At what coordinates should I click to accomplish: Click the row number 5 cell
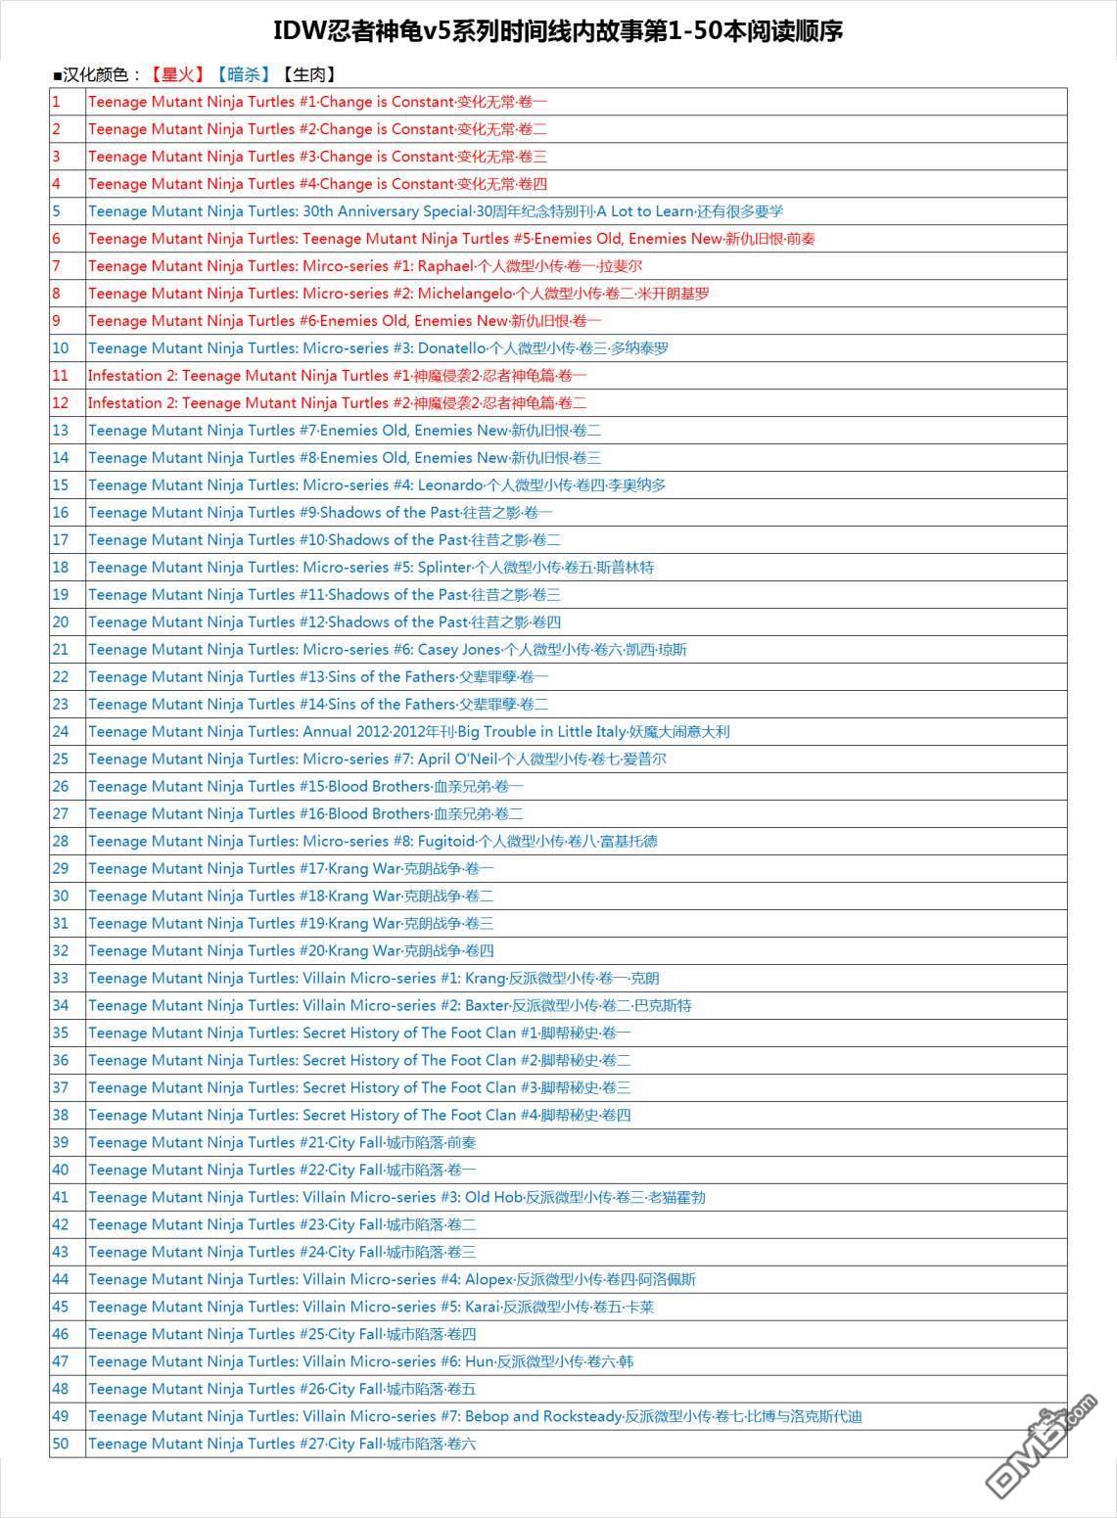pos(57,211)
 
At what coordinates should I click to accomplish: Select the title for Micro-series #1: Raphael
pos(364,266)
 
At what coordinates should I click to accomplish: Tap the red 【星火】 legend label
pos(177,74)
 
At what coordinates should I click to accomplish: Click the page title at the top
pos(557,31)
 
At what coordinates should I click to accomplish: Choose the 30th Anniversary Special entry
pos(435,211)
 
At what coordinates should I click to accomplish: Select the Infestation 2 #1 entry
pos(337,376)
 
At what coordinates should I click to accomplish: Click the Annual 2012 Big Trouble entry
pos(408,732)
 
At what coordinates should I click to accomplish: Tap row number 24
pos(61,732)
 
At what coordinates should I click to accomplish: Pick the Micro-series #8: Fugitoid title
pos(372,842)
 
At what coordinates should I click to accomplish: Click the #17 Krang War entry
pos(291,869)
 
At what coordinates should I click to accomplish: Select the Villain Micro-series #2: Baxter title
pos(389,1006)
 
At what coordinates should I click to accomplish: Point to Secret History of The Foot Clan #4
pos(359,1116)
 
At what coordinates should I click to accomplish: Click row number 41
pos(61,1198)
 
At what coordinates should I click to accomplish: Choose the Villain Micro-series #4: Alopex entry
pos(392,1280)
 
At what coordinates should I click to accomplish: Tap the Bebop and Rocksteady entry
pos(475,1417)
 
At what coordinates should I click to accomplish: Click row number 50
pos(61,1445)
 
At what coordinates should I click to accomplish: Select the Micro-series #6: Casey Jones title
pos(387,650)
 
